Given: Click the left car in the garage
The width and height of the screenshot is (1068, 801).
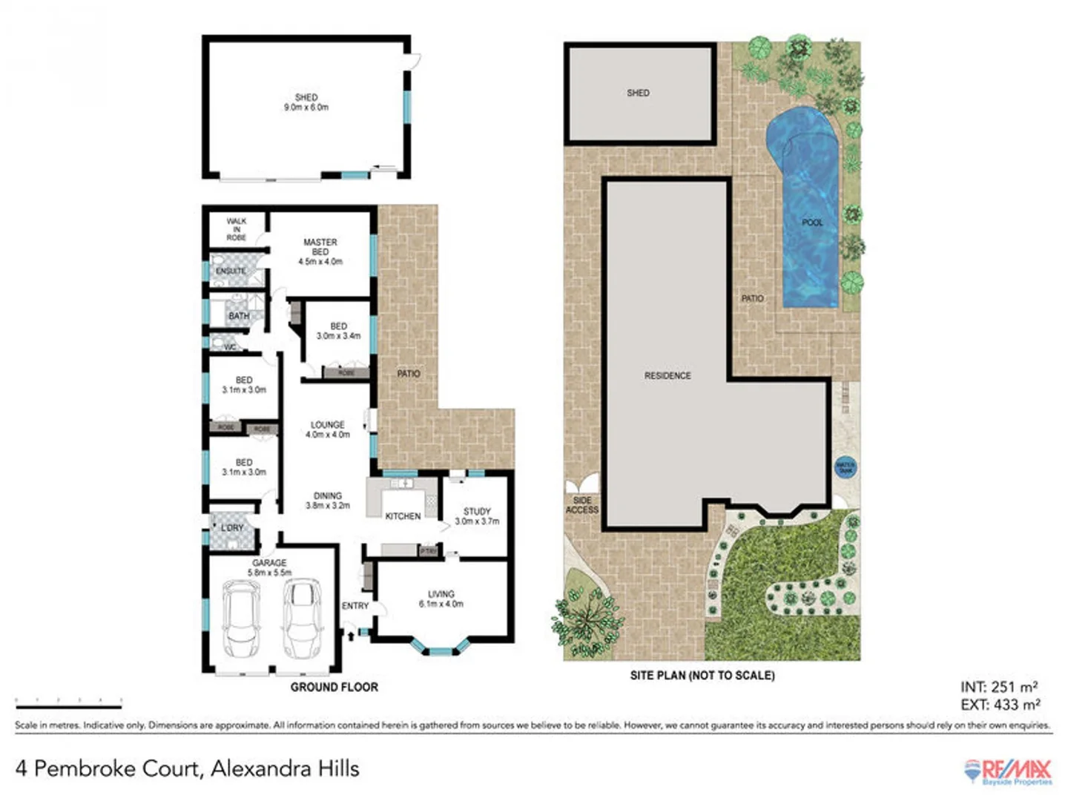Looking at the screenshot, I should pos(241,619).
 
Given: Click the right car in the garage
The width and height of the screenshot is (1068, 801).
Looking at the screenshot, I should pos(301,619).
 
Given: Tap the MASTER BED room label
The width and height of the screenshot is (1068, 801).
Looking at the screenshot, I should pos(320,251).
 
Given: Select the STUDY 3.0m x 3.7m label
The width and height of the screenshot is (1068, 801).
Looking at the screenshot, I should pos(477,516).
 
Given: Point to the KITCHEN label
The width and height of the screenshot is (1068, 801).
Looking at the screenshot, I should pos(403,516).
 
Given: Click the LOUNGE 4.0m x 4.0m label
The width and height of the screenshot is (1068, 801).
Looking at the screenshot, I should pos(327,429).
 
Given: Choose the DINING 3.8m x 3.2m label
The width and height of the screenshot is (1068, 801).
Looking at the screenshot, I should pos(327,501).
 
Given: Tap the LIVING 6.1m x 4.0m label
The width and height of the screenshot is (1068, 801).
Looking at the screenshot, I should pos(441,599).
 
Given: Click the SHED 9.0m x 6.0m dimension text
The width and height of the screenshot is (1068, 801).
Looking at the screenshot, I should pos(306,108).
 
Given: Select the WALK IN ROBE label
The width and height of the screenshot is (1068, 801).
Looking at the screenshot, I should pos(237,229).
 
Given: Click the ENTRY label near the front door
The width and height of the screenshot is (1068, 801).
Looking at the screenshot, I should pos(355,606).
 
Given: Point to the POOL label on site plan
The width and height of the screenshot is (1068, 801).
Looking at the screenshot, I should pos(812,222).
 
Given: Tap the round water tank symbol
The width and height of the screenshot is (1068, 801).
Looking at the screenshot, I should pos(845,467).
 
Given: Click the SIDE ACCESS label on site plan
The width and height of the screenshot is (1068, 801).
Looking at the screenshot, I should pos(582,505).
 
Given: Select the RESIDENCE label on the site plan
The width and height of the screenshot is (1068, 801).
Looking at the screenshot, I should pos(667,376).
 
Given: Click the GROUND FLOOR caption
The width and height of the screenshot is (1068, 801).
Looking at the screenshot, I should pos(334,688).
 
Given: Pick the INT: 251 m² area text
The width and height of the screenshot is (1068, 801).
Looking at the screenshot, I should pos(999,688).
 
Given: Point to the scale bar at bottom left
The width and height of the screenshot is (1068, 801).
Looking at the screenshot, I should pos(68,702).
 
